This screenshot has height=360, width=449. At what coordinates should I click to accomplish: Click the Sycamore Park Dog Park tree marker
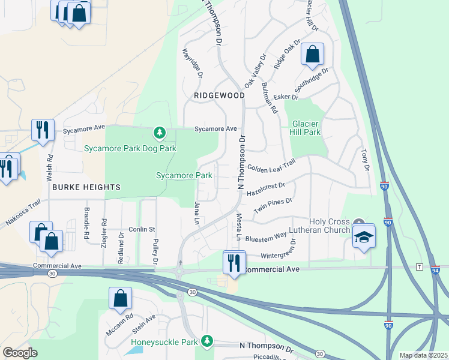tap(159, 132)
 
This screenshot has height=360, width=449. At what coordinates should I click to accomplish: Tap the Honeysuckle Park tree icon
tap(207, 341)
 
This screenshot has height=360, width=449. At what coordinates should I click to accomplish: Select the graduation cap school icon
tap(363, 238)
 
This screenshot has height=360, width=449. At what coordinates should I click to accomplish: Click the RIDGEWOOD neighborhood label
tap(219, 95)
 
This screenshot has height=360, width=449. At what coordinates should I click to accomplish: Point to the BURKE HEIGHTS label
tap(86, 187)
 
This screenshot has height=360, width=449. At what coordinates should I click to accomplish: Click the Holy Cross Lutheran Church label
tap(329, 226)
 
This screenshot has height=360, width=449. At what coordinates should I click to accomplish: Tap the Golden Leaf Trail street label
tap(272, 164)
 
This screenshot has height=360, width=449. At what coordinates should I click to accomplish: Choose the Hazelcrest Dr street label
tap(265, 187)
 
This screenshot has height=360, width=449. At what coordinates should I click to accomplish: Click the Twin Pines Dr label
tap(273, 205)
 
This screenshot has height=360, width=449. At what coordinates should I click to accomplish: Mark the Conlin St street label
tap(142, 229)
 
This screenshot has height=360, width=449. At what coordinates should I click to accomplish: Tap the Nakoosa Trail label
tap(22, 212)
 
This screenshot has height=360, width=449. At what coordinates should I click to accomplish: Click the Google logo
tap(20, 353)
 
